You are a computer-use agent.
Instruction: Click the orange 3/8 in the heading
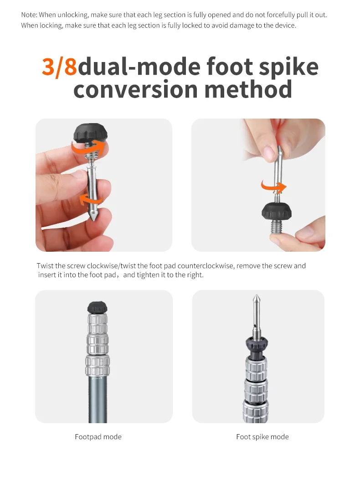coord(59,67)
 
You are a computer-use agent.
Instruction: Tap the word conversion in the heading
coord(136,89)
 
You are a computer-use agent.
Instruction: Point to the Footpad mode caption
coord(98,437)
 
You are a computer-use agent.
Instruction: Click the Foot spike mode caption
coord(262,437)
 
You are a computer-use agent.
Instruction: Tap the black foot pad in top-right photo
coord(277,212)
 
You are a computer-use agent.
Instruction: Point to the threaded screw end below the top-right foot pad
coord(278,228)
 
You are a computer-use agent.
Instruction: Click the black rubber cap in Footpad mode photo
coord(98,307)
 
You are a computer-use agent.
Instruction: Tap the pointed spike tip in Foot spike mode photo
coord(256,298)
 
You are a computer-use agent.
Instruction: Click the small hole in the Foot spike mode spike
coord(255,324)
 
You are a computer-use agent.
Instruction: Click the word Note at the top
coord(29,15)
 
